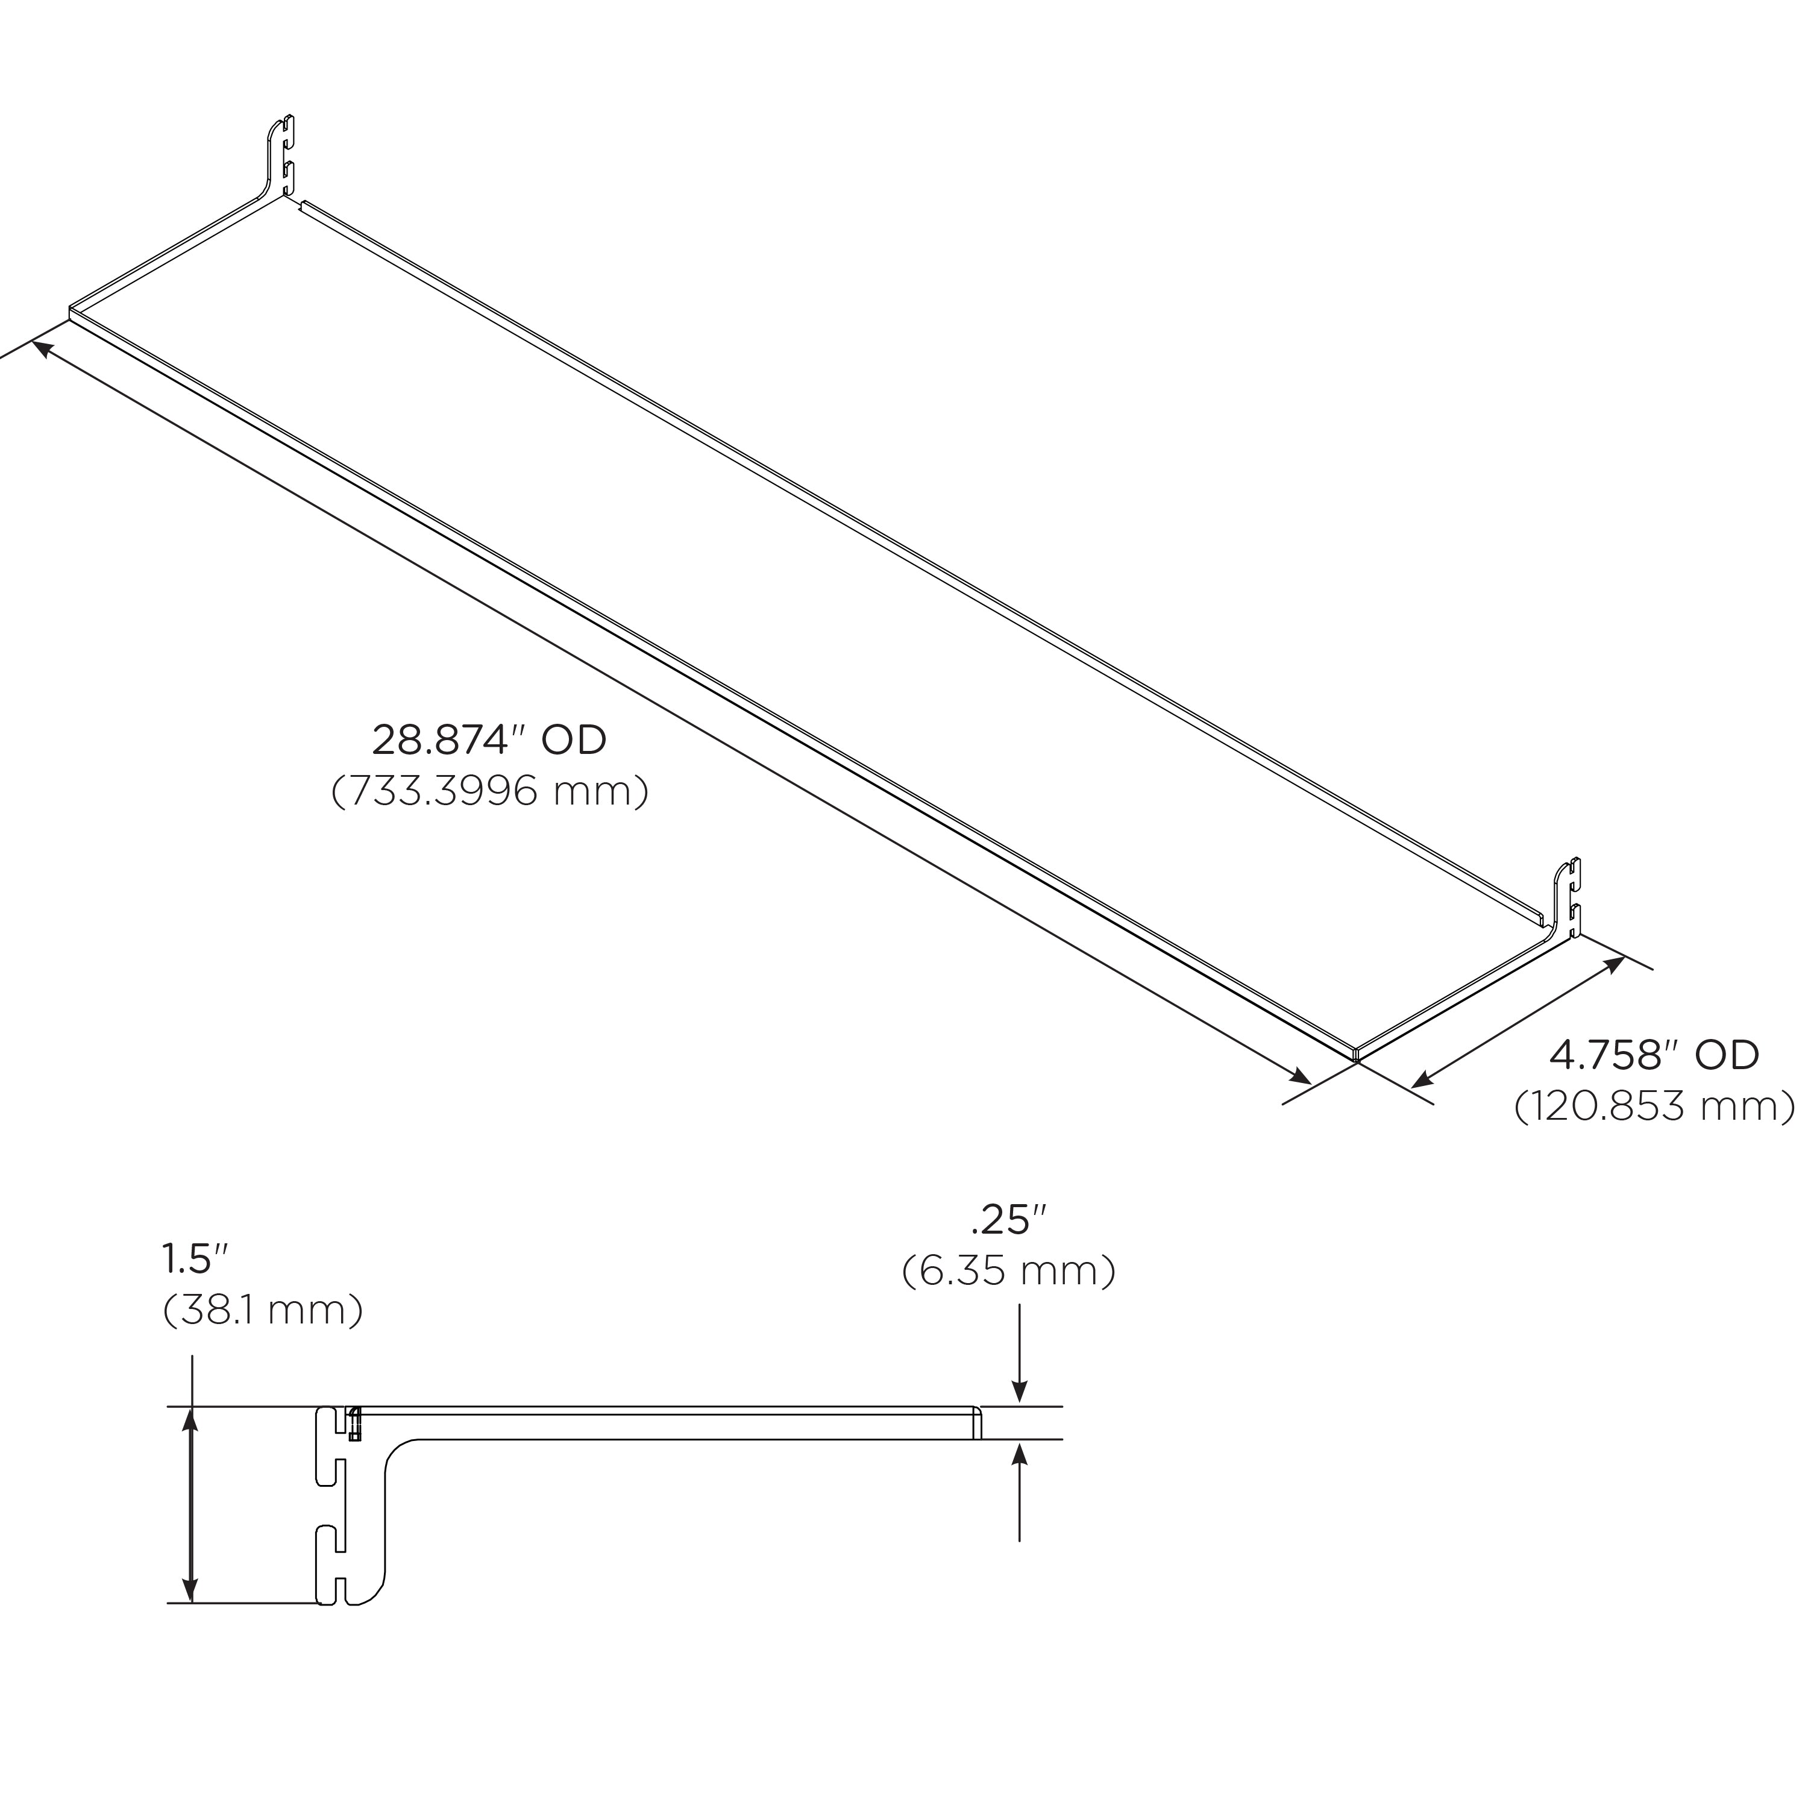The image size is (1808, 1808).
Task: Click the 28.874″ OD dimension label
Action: pos(489,740)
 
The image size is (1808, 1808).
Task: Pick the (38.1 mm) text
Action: pos(263,1310)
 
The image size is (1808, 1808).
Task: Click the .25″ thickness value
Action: pos(1008,1220)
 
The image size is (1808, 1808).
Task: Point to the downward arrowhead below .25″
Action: pos(1020,1395)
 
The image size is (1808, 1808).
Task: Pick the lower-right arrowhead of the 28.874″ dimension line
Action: pos(1300,1076)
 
